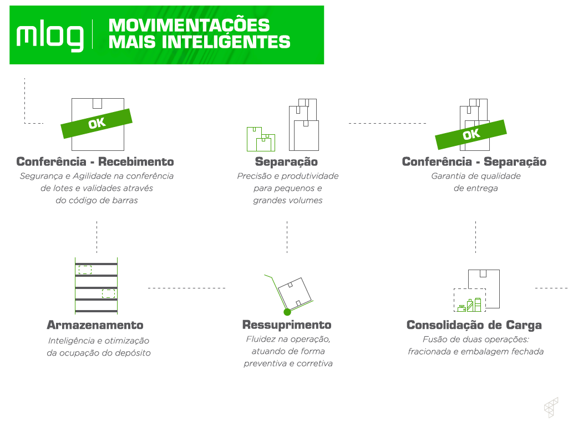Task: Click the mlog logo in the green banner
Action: pyautogui.click(x=50, y=36)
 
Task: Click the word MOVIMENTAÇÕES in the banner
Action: pyautogui.click(x=189, y=26)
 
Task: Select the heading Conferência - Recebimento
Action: pyautogui.click(x=95, y=162)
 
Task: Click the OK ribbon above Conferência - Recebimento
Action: pyautogui.click(x=97, y=123)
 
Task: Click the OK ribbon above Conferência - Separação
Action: pyautogui.click(x=471, y=134)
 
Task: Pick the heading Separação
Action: pyautogui.click(x=286, y=162)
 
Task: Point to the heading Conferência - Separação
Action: pyautogui.click(x=474, y=162)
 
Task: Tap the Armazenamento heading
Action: pyautogui.click(x=95, y=325)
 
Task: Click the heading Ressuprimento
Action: pyautogui.click(x=287, y=325)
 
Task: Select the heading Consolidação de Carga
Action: pyautogui.click(x=474, y=325)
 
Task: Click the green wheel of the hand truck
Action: pyautogui.click(x=287, y=312)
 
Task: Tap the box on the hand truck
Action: pyautogui.click(x=296, y=293)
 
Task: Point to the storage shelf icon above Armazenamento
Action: pyautogui.click(x=97, y=286)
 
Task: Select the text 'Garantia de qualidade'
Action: pyautogui.click(x=476, y=176)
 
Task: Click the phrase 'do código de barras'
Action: pyautogui.click(x=97, y=201)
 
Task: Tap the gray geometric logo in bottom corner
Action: pyautogui.click(x=550, y=407)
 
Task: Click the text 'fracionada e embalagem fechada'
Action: pyautogui.click(x=475, y=352)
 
